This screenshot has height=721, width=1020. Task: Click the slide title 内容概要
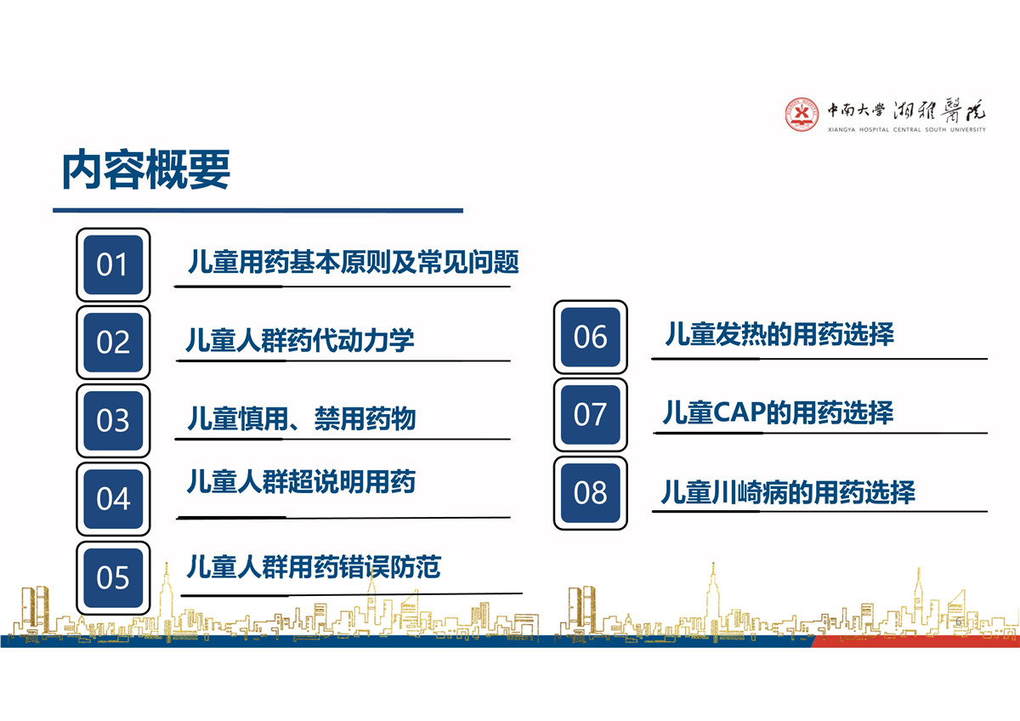point(145,169)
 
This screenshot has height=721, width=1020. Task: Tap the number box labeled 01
point(113,264)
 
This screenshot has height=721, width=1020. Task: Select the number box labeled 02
point(113,343)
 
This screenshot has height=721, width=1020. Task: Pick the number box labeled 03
point(113,420)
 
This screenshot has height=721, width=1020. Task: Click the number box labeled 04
point(113,499)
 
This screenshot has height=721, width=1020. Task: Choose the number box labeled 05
point(113,578)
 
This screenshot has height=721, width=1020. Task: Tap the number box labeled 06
point(590,337)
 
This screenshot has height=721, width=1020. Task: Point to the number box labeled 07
point(590,414)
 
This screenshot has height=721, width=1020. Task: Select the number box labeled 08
point(590,493)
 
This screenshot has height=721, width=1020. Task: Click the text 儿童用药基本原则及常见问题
point(354,262)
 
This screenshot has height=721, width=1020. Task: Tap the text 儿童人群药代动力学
point(300,340)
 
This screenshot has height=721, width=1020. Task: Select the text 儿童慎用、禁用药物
point(302,418)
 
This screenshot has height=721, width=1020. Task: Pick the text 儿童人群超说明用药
point(301,481)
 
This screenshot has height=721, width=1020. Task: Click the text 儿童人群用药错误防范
point(314,566)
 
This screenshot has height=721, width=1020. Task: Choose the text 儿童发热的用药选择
point(779,334)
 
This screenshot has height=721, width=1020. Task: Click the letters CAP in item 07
point(739,412)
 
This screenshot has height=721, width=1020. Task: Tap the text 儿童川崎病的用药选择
point(788,492)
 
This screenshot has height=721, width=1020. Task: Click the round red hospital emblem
point(802,114)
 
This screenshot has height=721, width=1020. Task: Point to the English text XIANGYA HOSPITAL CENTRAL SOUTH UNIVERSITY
point(907,130)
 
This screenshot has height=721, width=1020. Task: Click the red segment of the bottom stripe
point(915,641)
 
